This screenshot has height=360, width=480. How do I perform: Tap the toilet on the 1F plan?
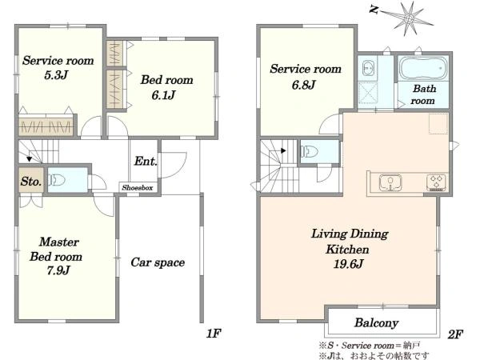click(57, 180)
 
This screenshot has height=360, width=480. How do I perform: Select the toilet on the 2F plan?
click(310, 151)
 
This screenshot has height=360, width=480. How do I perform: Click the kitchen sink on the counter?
click(390, 182)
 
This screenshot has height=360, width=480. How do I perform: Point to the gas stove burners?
click(437, 182)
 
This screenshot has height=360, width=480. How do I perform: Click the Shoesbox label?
click(137, 188)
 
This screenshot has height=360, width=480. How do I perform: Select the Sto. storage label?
click(31, 182)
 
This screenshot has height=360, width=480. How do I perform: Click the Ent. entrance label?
click(146, 161)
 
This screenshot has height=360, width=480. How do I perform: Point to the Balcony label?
click(376, 322)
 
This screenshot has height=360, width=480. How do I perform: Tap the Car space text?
click(158, 262)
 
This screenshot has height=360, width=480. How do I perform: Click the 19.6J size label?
click(348, 263)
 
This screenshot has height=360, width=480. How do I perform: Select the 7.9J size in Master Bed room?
click(58, 270)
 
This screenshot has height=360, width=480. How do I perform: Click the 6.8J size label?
click(303, 85)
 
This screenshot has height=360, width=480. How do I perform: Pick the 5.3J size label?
click(56, 74)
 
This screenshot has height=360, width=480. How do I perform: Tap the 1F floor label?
click(214, 334)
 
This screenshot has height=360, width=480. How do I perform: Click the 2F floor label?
click(455, 334)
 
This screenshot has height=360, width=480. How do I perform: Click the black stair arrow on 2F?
click(283, 150)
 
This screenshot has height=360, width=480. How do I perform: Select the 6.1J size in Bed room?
click(163, 95)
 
